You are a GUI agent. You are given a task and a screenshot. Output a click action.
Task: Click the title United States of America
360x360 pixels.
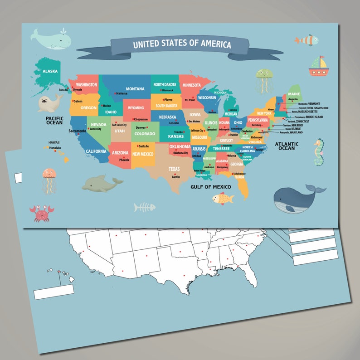(x=182, y=44)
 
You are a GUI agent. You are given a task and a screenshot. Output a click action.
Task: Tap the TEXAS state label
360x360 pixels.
(x=174, y=169)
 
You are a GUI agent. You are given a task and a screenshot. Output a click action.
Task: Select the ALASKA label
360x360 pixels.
(x=50, y=71)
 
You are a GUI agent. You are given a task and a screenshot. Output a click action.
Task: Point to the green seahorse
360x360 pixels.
(x=319, y=152)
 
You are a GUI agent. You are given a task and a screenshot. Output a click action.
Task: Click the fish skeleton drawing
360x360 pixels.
(x=145, y=208)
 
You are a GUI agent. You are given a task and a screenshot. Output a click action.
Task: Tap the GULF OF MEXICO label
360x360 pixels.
(x=210, y=187)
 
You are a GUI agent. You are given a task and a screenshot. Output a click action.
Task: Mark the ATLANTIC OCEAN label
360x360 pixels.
(x=287, y=146)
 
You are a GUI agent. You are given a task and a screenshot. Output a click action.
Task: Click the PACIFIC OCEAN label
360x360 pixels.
(x=54, y=120)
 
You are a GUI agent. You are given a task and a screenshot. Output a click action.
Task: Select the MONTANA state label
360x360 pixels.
(x=135, y=89)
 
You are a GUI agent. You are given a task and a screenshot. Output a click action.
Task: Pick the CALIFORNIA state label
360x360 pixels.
(x=96, y=151)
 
